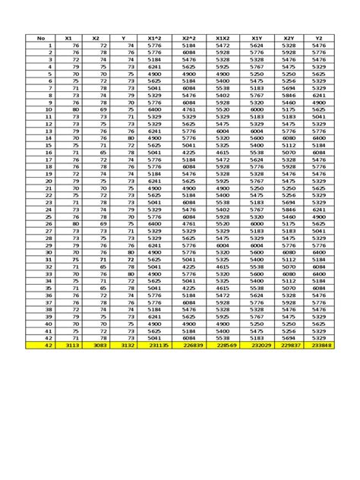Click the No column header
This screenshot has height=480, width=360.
[41, 37]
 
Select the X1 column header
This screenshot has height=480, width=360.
[68, 37]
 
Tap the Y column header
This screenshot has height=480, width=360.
[124, 37]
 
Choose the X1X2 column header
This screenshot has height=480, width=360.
[223, 37]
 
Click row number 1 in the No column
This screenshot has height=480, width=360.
[49, 46]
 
